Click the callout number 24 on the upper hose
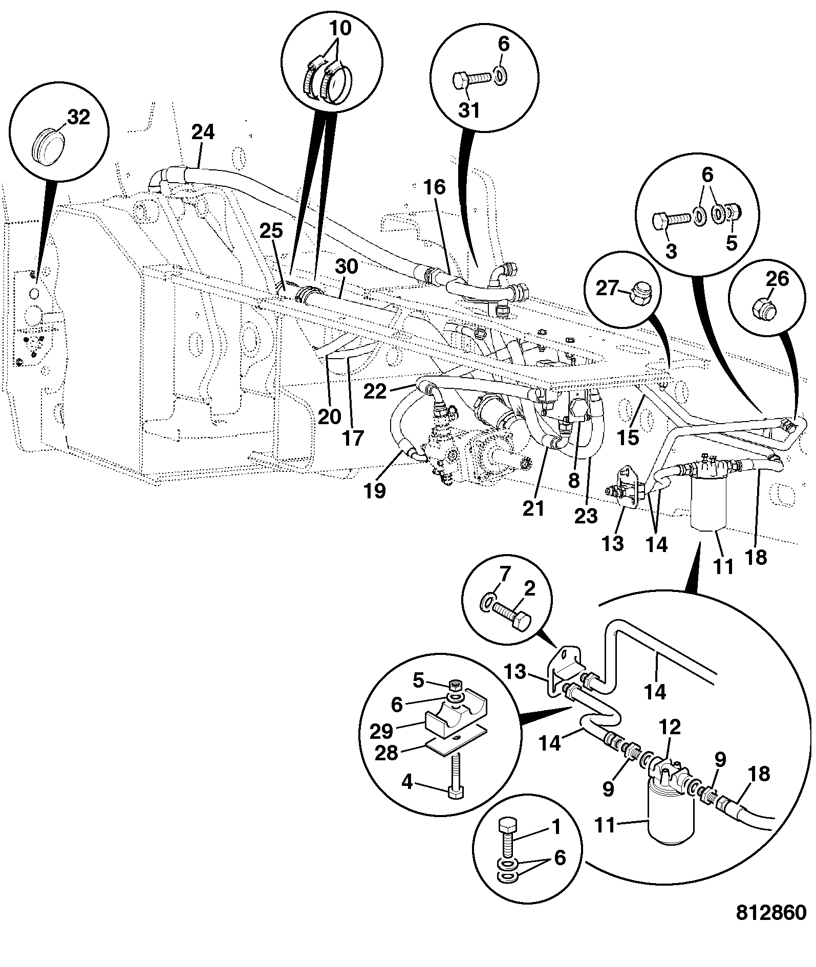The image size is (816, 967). pos(203,133)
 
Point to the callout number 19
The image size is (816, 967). pos(375,491)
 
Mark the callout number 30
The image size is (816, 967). pos(347,267)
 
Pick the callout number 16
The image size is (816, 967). pos(435,188)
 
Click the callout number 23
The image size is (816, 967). pos(586,516)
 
